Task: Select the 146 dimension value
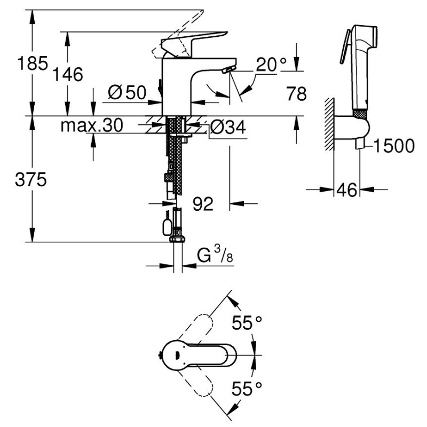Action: [x=68, y=75]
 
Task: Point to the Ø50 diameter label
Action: [x=126, y=92]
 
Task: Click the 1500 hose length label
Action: [x=394, y=145]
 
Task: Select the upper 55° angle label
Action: [x=247, y=323]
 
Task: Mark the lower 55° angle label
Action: [x=247, y=390]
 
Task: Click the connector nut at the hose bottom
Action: [x=177, y=238]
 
